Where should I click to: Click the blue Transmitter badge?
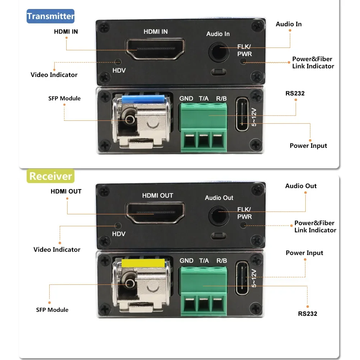(x=50, y=16)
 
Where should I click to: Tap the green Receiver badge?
(x=50, y=176)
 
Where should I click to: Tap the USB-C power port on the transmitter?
(x=243, y=114)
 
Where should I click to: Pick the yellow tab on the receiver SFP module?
(x=143, y=263)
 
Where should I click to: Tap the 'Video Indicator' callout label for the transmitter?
(x=54, y=75)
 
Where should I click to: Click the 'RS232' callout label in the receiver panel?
(x=307, y=314)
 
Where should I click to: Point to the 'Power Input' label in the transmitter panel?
(x=308, y=146)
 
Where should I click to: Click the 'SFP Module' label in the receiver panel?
(x=52, y=310)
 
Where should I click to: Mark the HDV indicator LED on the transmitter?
(x=117, y=61)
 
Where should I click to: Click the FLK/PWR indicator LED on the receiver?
(x=243, y=225)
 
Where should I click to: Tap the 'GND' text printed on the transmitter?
(x=186, y=98)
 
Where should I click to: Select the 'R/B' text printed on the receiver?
(x=222, y=261)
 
